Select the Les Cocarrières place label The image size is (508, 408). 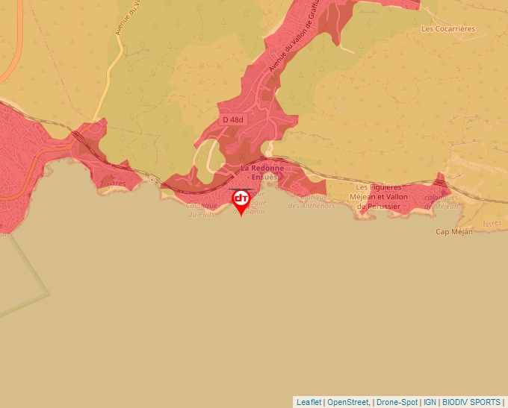[448, 29]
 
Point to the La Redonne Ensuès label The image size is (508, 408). [259, 173]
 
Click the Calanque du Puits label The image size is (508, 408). [202, 210]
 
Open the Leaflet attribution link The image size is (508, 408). [309, 402]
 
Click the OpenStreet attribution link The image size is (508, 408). [348, 402]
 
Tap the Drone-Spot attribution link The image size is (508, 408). [397, 402]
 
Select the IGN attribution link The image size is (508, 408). [430, 402]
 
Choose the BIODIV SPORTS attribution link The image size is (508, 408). [471, 402]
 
